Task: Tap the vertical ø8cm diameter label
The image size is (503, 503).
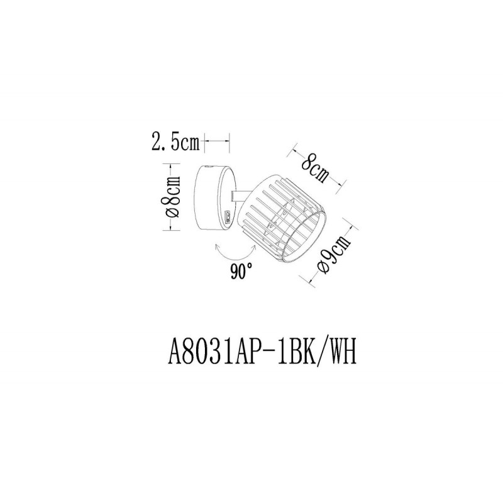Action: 174,197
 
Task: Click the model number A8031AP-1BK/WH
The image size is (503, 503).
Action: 262,353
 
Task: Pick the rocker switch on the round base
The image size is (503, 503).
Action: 229,216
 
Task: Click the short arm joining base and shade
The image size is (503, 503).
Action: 239,196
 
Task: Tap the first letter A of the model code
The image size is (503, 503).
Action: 175,353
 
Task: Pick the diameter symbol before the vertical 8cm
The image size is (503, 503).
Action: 174,213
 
